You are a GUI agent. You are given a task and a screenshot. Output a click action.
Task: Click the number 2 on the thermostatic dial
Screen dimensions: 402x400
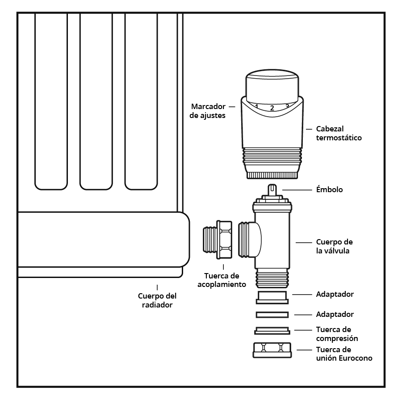[x=272, y=108]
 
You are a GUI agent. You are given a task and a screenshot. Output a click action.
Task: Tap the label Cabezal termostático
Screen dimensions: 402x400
[x=339, y=133]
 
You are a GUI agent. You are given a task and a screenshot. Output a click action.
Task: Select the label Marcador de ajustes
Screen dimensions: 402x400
[x=208, y=111]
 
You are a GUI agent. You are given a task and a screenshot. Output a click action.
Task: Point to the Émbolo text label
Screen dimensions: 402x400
[x=330, y=189]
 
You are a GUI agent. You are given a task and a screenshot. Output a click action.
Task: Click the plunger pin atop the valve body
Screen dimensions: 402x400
[x=272, y=190]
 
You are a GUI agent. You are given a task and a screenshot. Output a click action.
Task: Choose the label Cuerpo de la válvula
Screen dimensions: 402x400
[x=334, y=246]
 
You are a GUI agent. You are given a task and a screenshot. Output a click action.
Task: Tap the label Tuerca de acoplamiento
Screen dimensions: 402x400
[x=222, y=280]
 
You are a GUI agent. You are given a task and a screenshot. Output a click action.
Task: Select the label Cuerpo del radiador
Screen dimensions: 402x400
[x=157, y=300]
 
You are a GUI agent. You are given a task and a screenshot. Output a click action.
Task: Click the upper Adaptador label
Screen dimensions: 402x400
[x=335, y=294]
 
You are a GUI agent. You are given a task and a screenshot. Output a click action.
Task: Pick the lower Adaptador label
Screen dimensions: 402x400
[x=335, y=314]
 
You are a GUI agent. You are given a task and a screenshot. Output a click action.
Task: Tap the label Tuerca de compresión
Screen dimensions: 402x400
[x=337, y=334]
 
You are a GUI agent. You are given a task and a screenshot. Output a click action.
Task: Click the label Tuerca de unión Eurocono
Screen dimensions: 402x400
[x=344, y=354]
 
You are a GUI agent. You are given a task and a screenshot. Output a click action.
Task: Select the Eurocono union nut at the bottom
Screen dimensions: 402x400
[x=272, y=350]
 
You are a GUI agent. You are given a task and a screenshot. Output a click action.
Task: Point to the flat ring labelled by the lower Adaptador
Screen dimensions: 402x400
[x=272, y=315]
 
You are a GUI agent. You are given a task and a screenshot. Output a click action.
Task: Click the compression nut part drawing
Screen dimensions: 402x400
[x=272, y=331]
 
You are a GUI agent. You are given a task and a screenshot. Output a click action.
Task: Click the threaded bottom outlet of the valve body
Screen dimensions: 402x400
[x=272, y=278]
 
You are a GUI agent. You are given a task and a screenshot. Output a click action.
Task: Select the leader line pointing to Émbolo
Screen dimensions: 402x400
[x=297, y=190]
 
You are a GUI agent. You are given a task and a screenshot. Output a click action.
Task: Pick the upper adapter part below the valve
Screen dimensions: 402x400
[x=272, y=298]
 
